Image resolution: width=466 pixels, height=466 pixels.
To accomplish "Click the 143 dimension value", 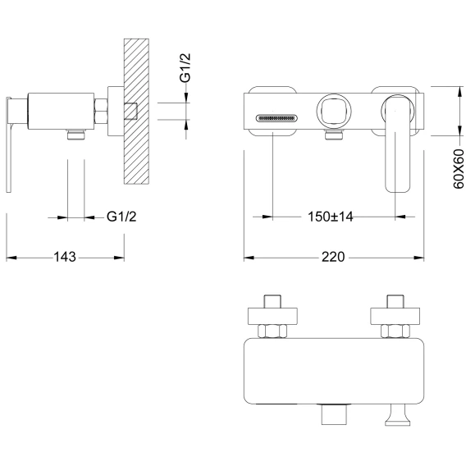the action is pos(65,257).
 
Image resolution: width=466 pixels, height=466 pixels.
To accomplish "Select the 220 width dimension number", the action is pos(333,257).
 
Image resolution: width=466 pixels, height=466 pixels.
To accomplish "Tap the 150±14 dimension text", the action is pos(330,217).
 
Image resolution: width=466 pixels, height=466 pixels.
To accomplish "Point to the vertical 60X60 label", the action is pos(459,169).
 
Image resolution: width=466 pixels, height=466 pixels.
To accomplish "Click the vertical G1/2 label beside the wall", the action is pos(185,68).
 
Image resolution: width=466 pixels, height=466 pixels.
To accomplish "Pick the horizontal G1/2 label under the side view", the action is pos(121,217).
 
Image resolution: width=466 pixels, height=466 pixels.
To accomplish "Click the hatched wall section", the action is pos(136,112).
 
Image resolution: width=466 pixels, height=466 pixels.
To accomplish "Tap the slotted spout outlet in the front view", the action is pos(276,118).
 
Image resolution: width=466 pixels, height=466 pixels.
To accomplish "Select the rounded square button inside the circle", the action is pos(334,112).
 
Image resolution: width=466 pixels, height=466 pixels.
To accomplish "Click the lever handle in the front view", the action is pos(397,144).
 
